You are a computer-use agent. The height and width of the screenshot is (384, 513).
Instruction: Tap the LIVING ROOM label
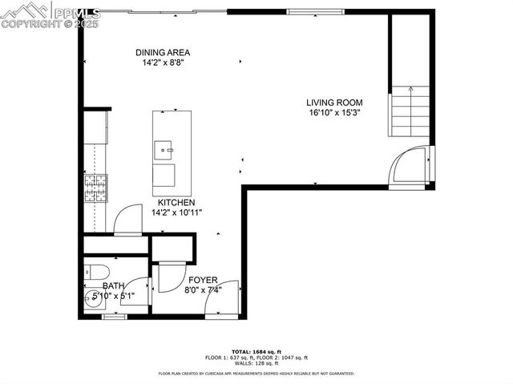pyautogui.click(x=335, y=103)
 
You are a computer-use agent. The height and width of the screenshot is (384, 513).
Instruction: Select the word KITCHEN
pyautogui.click(x=176, y=202)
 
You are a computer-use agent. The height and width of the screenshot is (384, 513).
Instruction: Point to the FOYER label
pyautogui.click(x=204, y=280)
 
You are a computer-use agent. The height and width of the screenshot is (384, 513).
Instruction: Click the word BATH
pyautogui.click(x=113, y=285)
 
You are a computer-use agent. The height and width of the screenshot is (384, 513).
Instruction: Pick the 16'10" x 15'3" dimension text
pyautogui.click(x=334, y=113)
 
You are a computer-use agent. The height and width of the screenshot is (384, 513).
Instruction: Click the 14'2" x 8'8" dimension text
pyautogui.click(x=162, y=63)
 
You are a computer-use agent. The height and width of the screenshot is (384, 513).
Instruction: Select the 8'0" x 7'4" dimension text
pyautogui.click(x=204, y=290)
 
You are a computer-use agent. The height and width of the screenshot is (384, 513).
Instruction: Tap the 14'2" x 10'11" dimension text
pyautogui.click(x=176, y=212)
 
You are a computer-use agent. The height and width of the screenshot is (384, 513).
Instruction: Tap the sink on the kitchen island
pyautogui.click(x=166, y=148)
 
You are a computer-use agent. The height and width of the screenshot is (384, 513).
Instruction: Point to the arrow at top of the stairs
pyautogui.click(x=407, y=90)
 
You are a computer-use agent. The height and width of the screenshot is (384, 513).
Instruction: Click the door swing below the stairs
pyautogui.click(x=409, y=165)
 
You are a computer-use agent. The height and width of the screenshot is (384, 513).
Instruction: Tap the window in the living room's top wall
pyautogui.click(x=309, y=11)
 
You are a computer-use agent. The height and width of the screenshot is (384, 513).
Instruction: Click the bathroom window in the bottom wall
pyautogui.click(x=115, y=317)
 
